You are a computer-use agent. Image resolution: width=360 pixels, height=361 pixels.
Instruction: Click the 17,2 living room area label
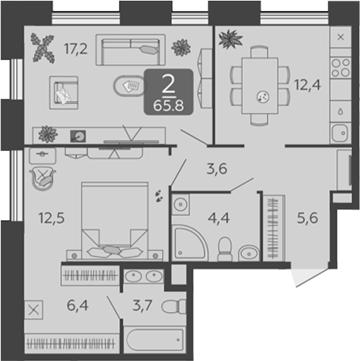[x=75, y=49]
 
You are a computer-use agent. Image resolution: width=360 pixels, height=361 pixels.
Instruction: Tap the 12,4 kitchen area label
[x=307, y=85]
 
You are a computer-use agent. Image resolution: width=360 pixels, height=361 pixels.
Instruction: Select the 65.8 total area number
[x=168, y=106]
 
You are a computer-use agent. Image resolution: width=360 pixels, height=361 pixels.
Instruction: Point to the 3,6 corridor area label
[x=217, y=169]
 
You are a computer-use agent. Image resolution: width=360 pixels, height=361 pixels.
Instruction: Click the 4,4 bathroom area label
[x=219, y=218]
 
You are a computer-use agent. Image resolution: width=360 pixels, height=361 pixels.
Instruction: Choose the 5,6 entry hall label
[x=307, y=218]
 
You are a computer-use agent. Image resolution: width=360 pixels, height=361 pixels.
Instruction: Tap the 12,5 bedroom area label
[x=51, y=218]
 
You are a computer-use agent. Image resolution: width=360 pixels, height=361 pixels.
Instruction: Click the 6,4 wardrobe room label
[x=78, y=305]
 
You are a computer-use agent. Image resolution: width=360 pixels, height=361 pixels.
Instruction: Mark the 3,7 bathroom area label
[x=143, y=305]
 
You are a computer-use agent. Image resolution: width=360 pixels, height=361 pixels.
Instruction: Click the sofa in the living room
[x=130, y=50]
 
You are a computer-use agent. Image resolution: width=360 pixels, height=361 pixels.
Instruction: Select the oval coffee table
[x=130, y=86]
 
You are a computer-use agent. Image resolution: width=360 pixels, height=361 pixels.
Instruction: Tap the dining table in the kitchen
[x=260, y=86]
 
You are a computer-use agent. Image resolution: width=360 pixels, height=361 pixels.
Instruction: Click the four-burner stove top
[x=341, y=67]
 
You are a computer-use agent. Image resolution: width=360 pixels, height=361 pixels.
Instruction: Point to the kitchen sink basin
[x=340, y=133]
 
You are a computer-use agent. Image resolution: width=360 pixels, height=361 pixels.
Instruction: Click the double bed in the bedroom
[x=115, y=220]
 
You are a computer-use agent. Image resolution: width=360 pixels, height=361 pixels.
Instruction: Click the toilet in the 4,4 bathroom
[x=225, y=250]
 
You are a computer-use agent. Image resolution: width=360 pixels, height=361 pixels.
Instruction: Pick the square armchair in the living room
[x=64, y=93]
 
